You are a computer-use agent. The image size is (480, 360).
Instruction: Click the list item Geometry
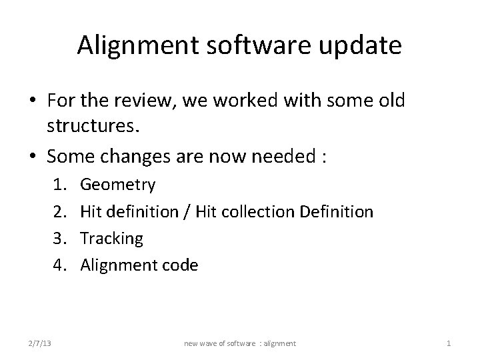[x=118, y=184]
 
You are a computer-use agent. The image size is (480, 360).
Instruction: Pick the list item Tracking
[x=112, y=238]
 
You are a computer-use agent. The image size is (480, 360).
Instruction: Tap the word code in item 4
[x=183, y=265]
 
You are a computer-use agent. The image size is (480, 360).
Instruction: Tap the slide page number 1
[x=449, y=343]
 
